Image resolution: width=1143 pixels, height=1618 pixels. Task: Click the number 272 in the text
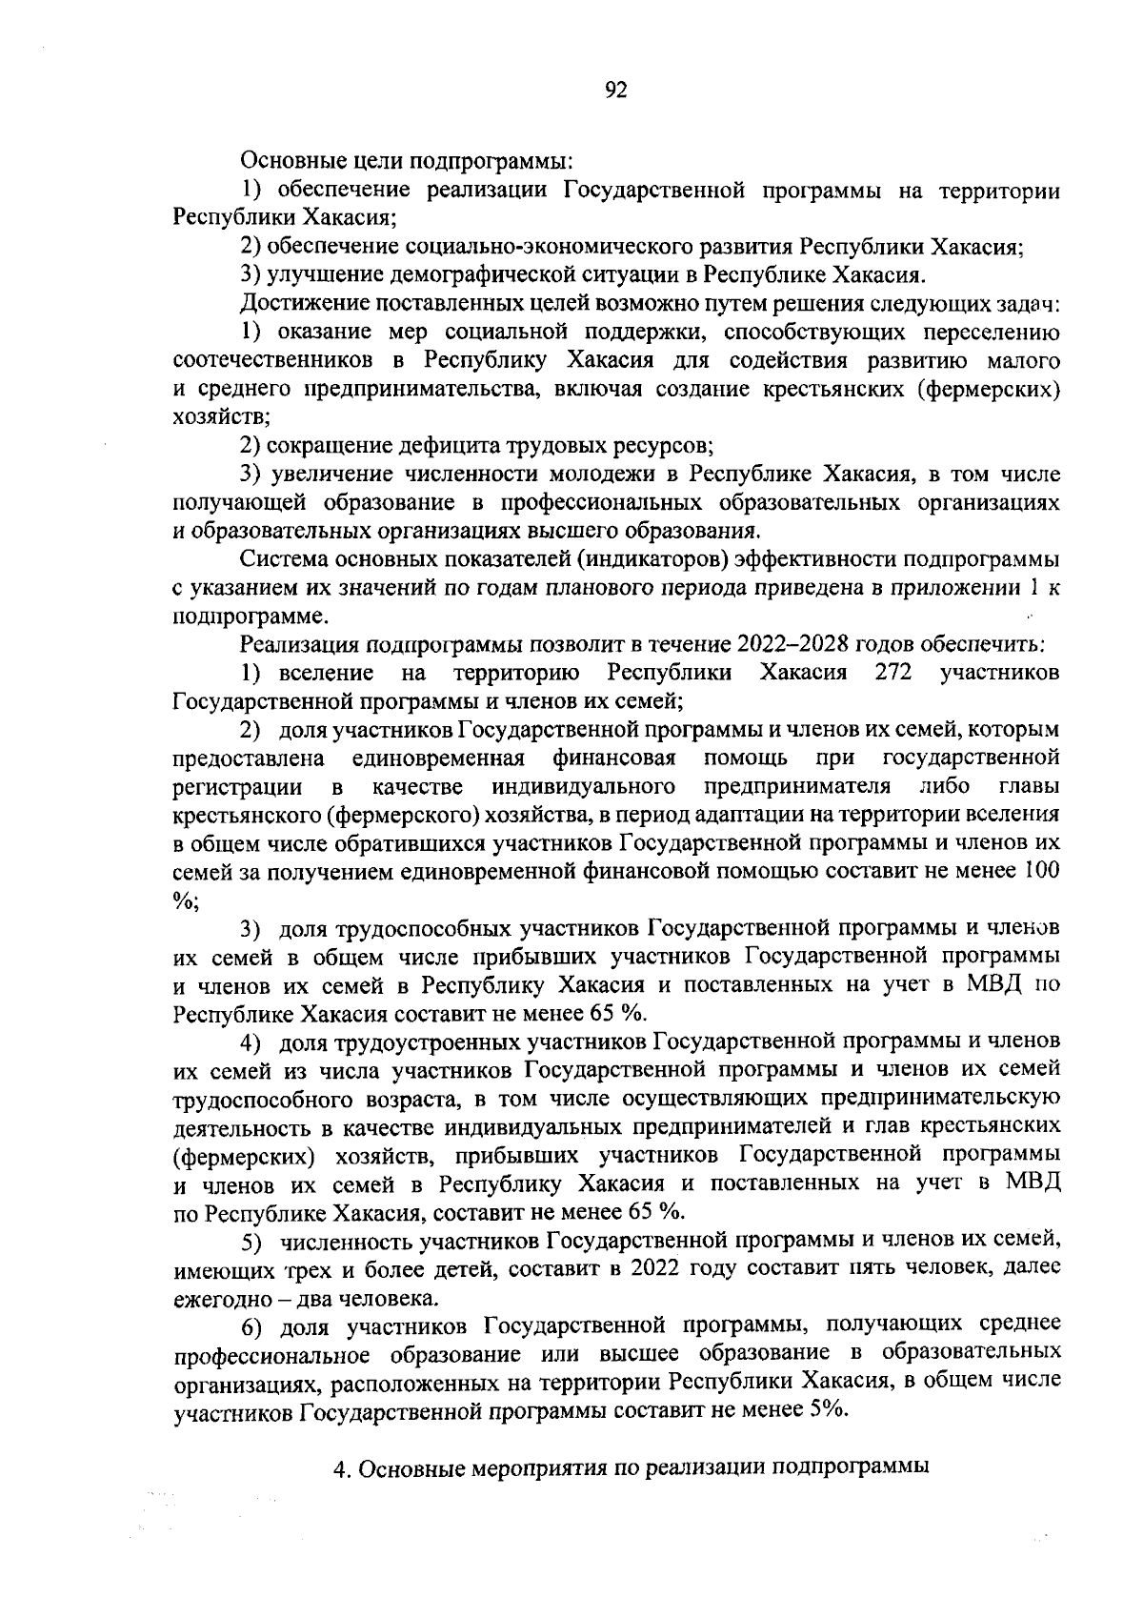(x=893, y=673)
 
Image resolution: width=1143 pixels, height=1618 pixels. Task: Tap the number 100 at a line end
(x=1040, y=871)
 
